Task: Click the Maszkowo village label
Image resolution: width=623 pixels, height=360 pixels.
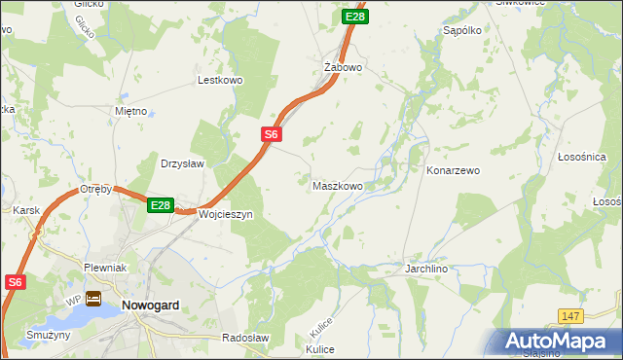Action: tap(338, 185)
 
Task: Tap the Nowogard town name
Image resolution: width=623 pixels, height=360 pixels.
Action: tap(151, 305)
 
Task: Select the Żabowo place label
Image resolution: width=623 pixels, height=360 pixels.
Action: tap(343, 68)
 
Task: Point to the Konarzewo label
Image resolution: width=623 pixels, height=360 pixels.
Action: tap(454, 170)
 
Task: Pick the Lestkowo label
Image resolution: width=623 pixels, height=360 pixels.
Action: tap(220, 81)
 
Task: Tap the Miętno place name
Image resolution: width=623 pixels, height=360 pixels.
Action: tap(130, 111)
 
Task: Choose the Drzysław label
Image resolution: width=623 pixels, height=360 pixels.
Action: tap(182, 163)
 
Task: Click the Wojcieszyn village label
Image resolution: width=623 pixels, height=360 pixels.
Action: tap(225, 214)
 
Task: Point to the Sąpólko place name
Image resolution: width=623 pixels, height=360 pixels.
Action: tap(463, 31)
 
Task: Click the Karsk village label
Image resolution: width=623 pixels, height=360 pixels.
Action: tap(24, 210)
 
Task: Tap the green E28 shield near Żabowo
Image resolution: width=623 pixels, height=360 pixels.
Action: tap(355, 17)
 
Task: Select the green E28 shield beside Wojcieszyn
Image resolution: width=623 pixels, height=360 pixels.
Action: tap(161, 205)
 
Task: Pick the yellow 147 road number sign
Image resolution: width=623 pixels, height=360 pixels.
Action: tap(571, 316)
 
